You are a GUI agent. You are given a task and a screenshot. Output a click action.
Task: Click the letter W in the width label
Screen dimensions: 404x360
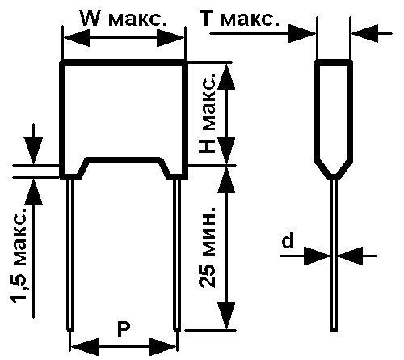(91, 19)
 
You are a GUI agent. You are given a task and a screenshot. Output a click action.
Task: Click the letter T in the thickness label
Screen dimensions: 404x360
(210, 19)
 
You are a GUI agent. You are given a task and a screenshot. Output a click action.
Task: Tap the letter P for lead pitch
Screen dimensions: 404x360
(124, 329)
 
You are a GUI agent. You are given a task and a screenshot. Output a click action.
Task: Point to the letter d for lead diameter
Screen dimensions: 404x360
(288, 240)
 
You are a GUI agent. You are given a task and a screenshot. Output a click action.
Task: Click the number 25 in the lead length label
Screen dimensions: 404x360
(207, 277)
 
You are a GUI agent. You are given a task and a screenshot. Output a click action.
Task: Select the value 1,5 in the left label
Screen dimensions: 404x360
(19, 287)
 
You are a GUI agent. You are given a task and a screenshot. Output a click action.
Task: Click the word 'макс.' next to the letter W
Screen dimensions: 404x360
(137, 19)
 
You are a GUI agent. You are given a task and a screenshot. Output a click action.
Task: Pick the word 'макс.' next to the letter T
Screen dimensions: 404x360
(250, 19)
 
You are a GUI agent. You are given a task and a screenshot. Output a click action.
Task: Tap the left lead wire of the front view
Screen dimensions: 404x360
(70, 255)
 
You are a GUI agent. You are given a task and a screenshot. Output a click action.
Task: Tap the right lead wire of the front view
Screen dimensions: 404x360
(177, 255)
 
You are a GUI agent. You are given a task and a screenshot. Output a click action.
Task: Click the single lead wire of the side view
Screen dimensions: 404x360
(334, 255)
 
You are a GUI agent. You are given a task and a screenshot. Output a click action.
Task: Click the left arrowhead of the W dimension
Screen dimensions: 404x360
(77, 38)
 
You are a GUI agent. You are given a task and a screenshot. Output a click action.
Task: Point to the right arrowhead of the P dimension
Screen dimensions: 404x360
(163, 347)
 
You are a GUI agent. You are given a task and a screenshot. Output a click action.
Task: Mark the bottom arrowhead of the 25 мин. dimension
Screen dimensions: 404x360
(226, 316)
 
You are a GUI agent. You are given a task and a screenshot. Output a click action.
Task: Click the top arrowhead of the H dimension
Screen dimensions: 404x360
(226, 77)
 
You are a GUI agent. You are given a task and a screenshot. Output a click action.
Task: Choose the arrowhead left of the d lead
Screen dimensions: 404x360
(317, 256)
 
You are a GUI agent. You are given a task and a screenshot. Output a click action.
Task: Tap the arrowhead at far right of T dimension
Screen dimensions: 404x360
(365, 34)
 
